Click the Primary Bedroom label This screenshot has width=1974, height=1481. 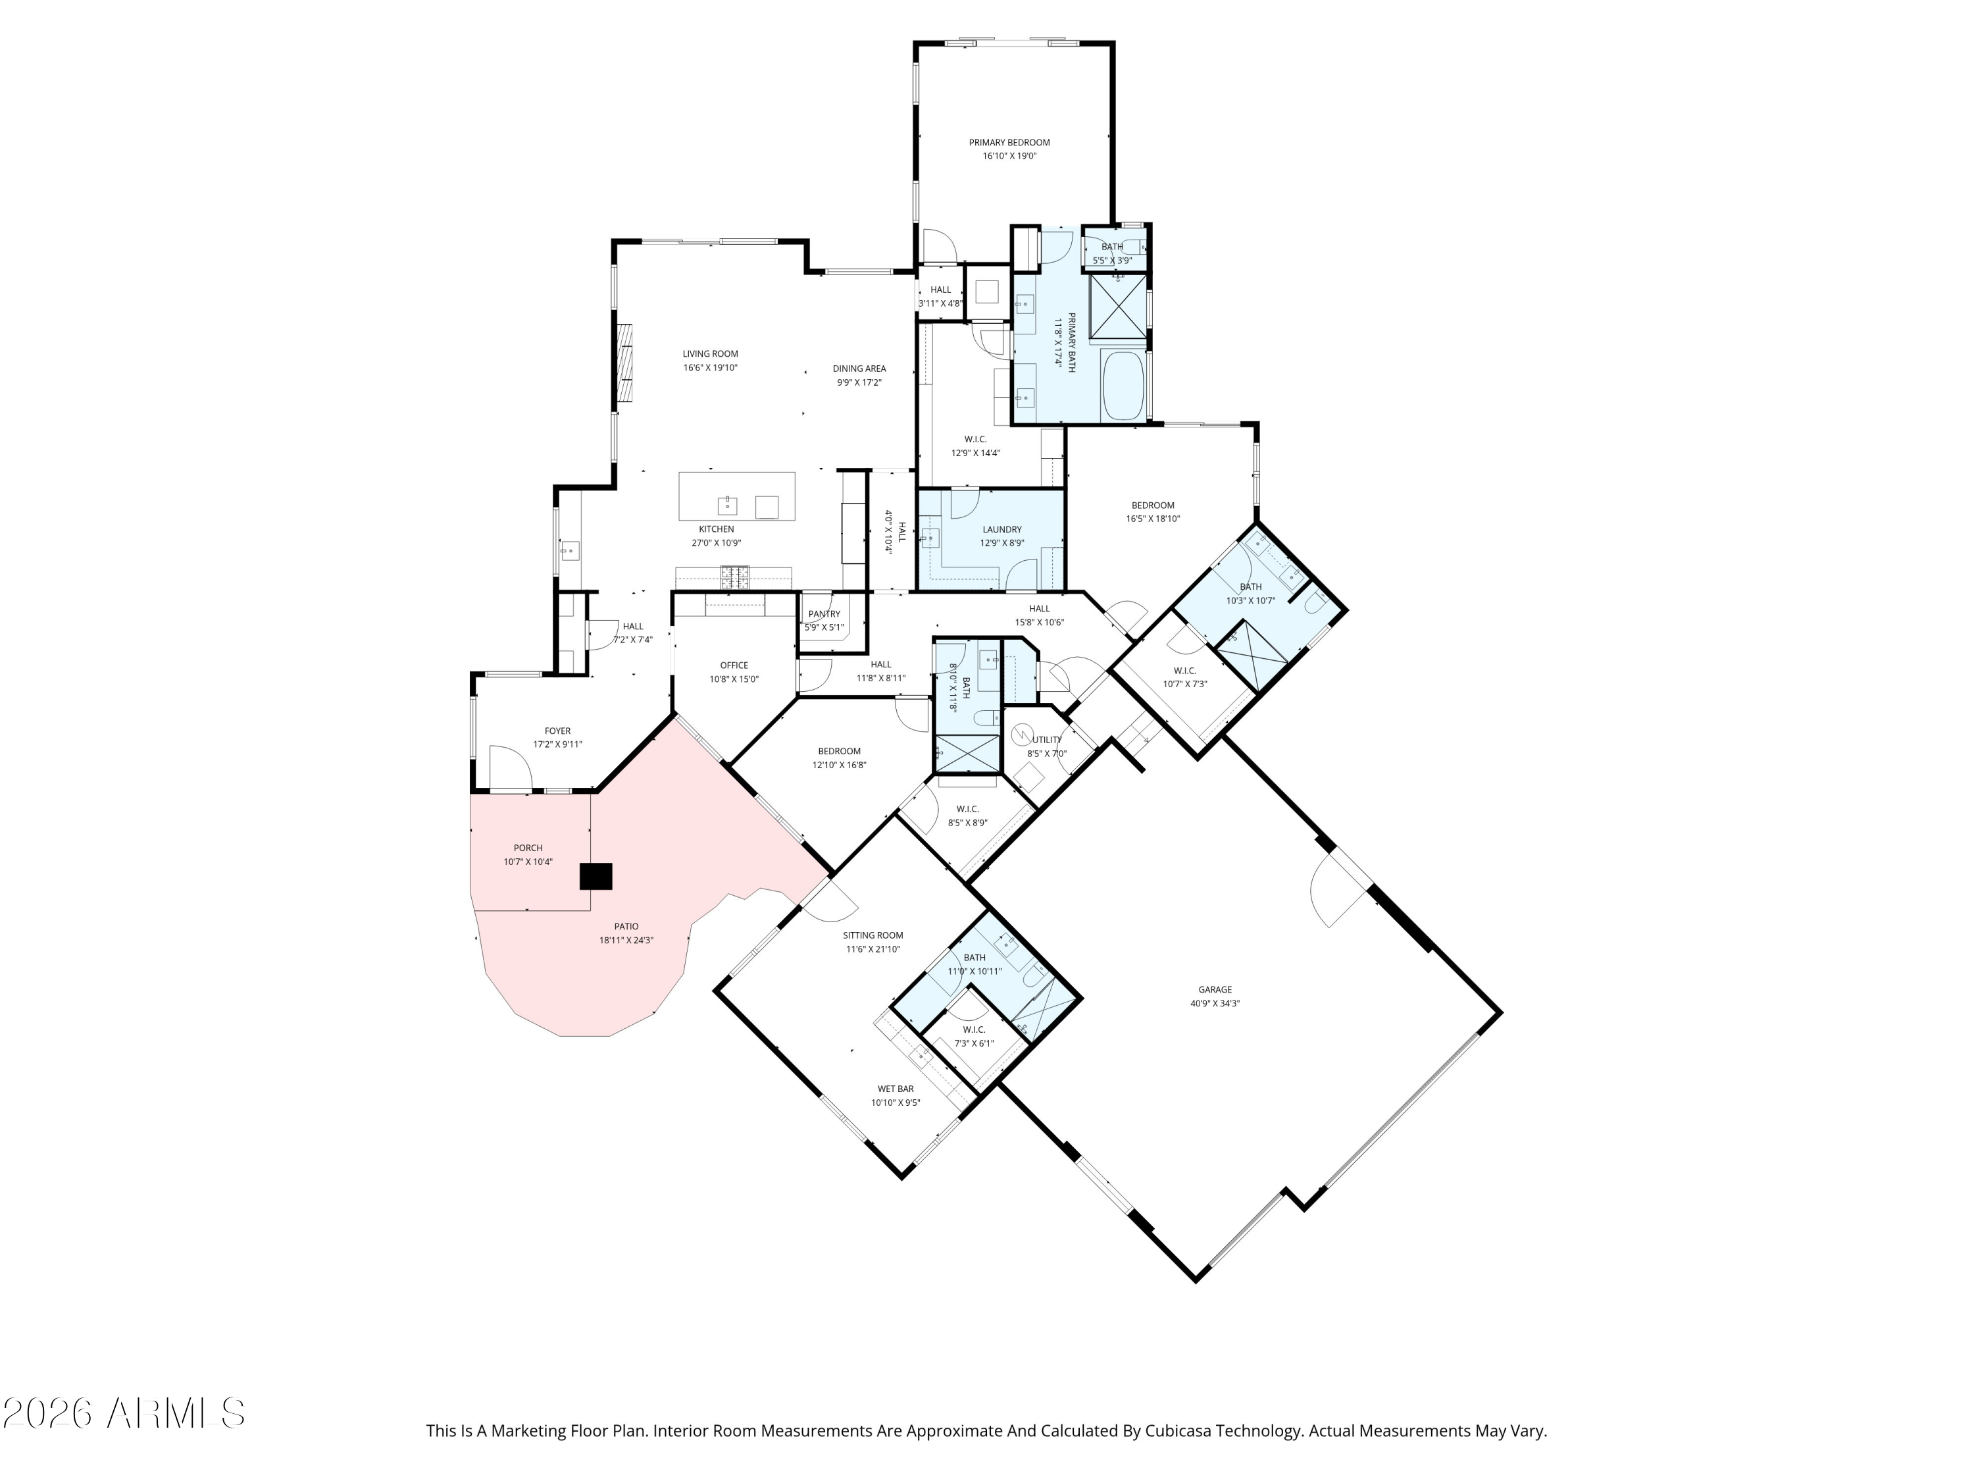pyautogui.click(x=1009, y=142)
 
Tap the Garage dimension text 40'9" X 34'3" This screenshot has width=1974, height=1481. pyautogui.click(x=1215, y=1003)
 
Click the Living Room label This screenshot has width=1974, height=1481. pyautogui.click(x=711, y=353)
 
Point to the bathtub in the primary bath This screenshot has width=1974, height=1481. pyautogui.click(x=1124, y=386)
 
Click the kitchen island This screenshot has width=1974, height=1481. pyautogui.click(x=736, y=496)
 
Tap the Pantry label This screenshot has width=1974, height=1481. pyautogui.click(x=824, y=613)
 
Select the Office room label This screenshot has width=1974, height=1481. pyautogui.click(x=734, y=665)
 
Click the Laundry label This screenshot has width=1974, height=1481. pyautogui.click(x=1001, y=529)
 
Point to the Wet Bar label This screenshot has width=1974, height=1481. pyautogui.click(x=895, y=1089)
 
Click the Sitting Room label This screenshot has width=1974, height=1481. pyautogui.click(x=873, y=935)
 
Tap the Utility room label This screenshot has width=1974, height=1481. pyautogui.click(x=1047, y=739)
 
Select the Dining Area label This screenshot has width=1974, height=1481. pyautogui.click(x=859, y=368)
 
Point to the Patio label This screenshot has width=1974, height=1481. pyautogui.click(x=626, y=927)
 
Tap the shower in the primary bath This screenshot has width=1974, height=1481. pyautogui.click(x=1118, y=305)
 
